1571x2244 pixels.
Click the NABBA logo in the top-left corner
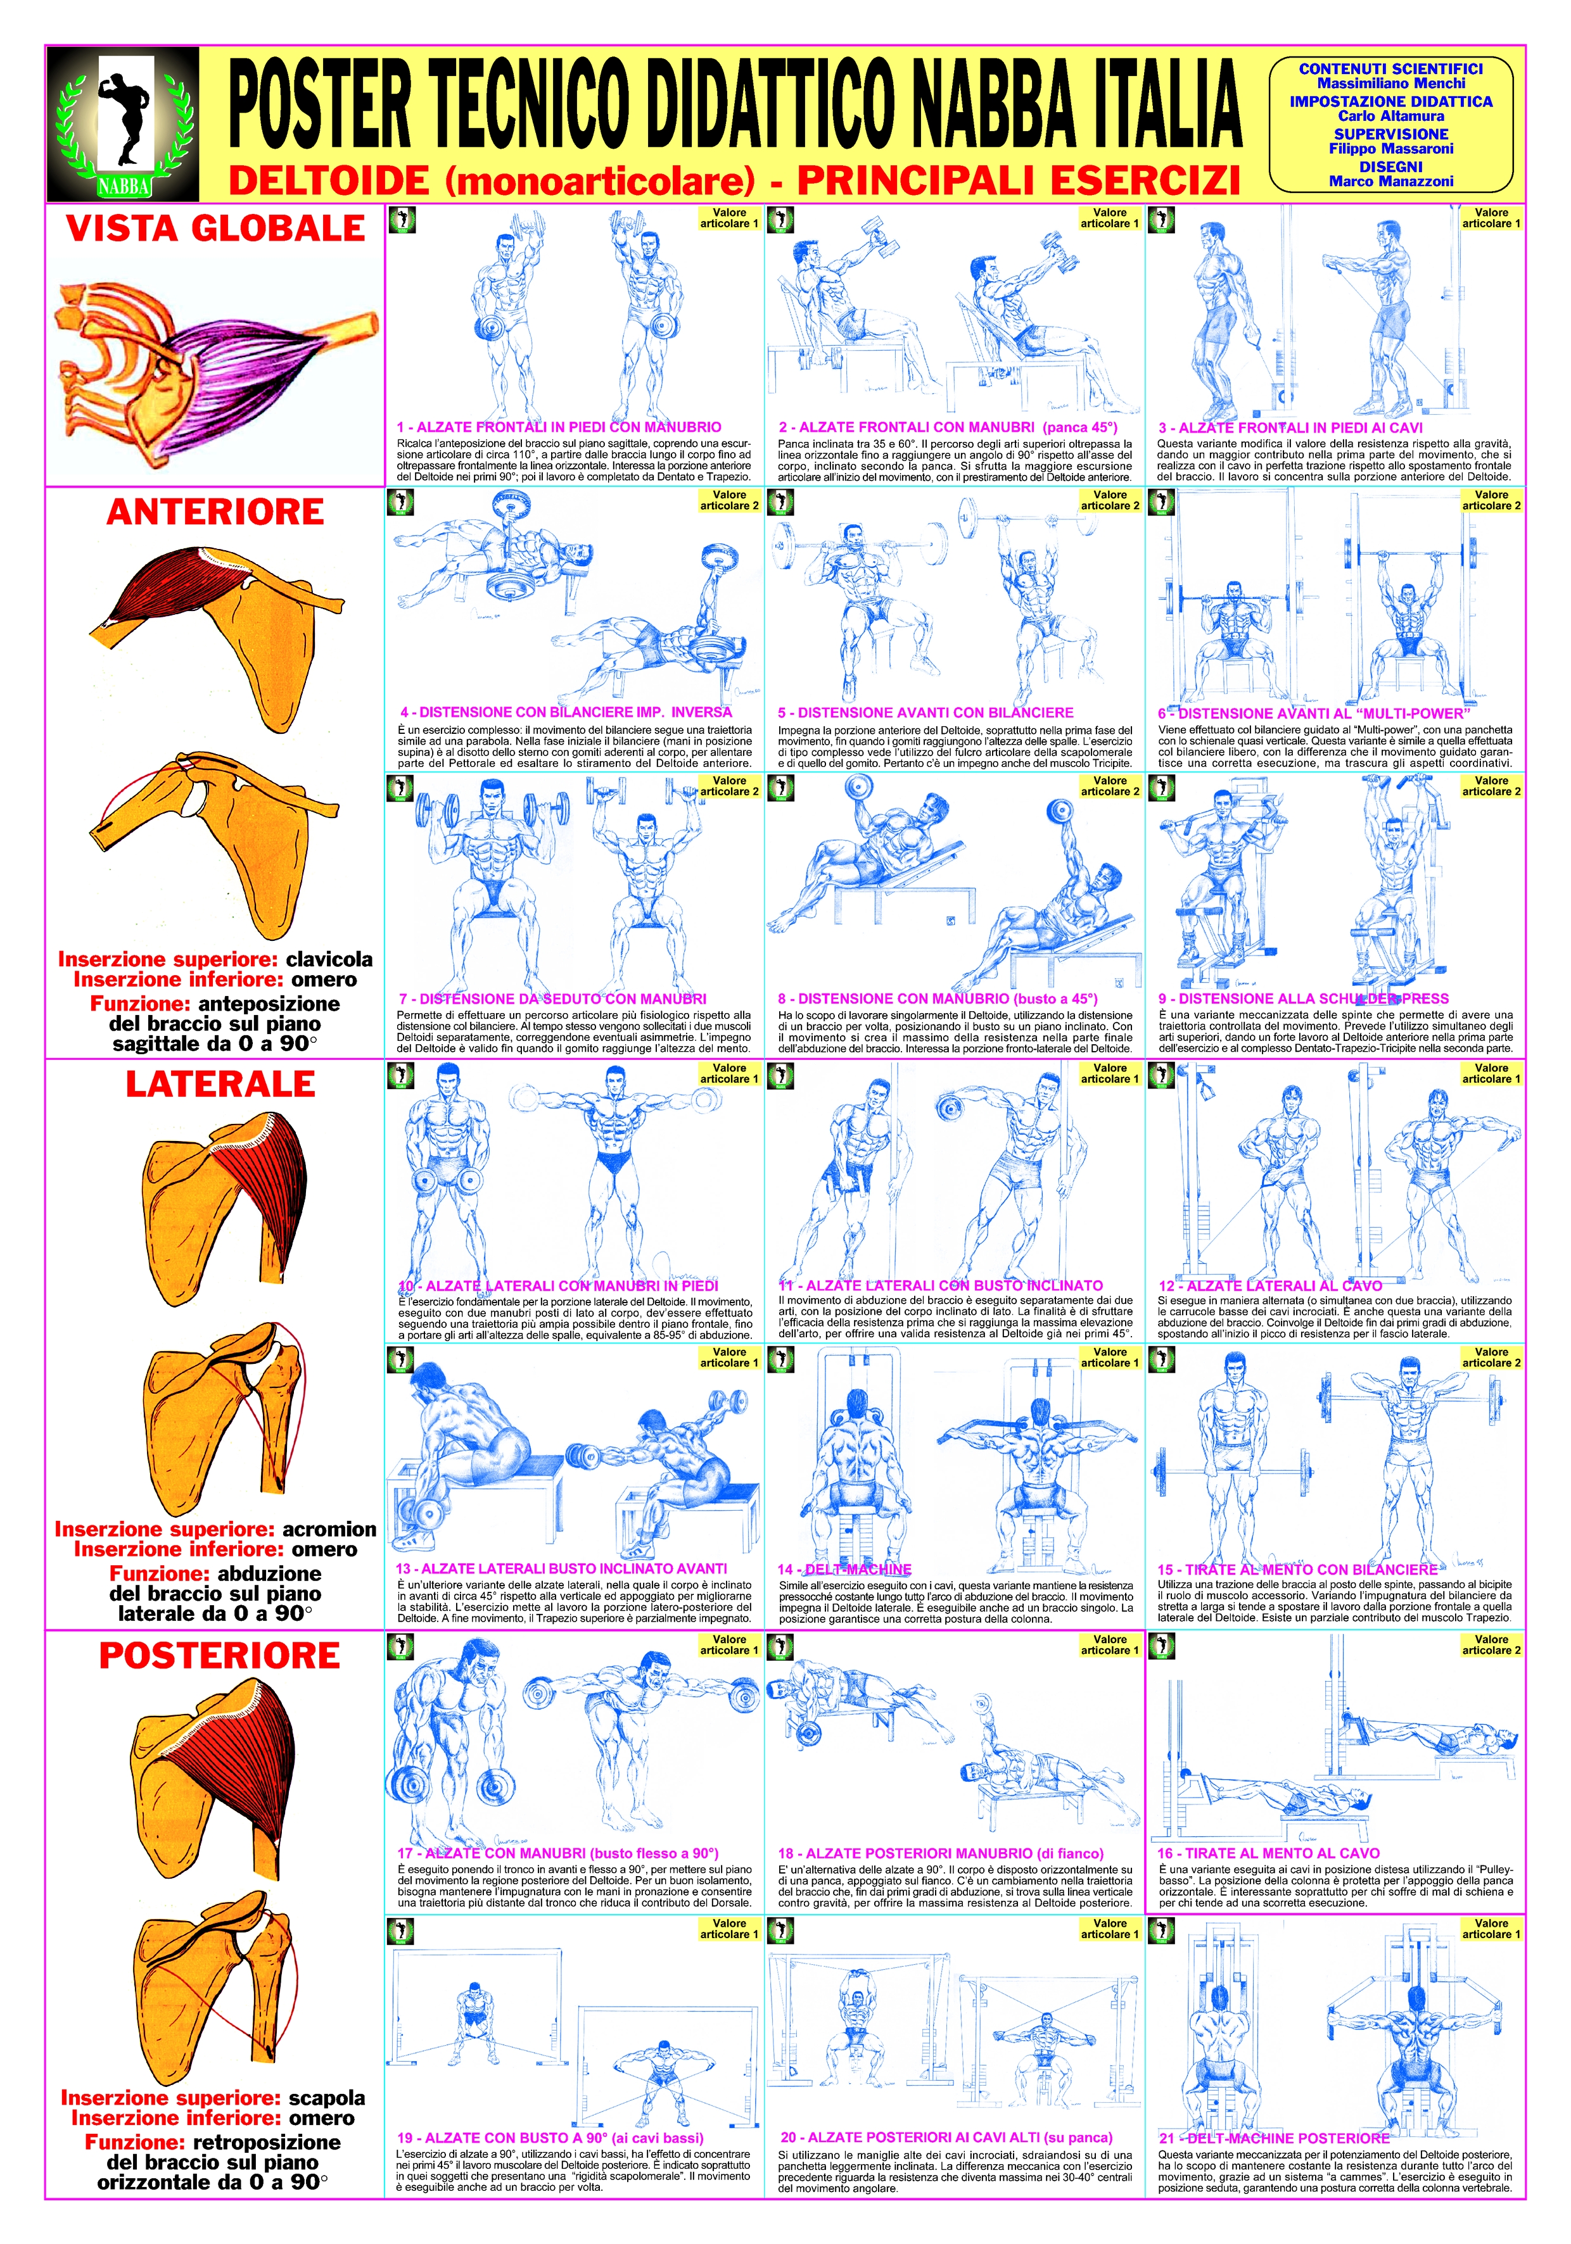pos(123,124)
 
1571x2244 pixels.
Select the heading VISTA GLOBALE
pos(215,229)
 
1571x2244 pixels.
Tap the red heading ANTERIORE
pos(215,512)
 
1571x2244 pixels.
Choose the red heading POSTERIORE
pos(220,1656)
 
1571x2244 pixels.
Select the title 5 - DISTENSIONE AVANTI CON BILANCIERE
pos(925,712)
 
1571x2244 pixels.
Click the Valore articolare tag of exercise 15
pos(1491,1358)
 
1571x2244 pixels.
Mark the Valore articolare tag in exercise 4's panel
pos(729,500)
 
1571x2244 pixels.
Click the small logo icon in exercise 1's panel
pos(401,220)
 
